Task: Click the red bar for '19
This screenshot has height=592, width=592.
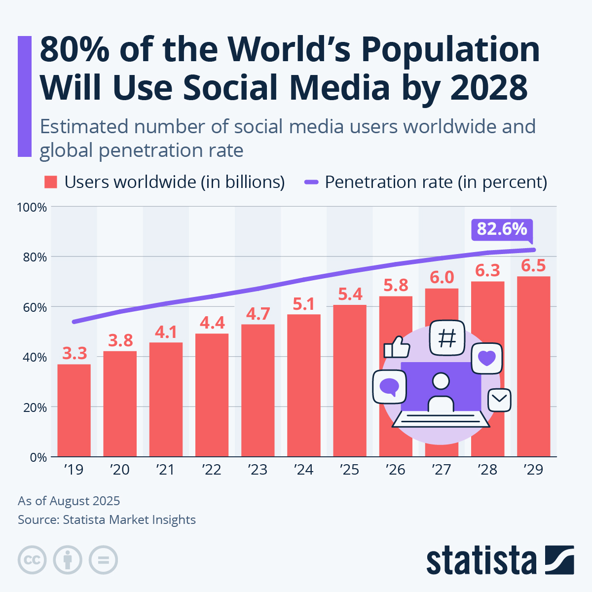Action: click(x=74, y=410)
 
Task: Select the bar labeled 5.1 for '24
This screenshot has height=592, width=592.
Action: click(x=303, y=385)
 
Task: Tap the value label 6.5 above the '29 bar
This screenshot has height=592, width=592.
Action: click(x=533, y=266)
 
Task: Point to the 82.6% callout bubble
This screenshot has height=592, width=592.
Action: click(x=502, y=229)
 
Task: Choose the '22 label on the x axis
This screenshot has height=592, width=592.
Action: click(x=211, y=469)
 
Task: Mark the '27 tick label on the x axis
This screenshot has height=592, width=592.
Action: click(x=441, y=469)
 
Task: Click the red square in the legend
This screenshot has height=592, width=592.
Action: click(x=51, y=182)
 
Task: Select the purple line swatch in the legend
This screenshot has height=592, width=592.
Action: click(x=311, y=182)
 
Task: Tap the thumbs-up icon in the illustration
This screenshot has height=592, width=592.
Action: click(x=397, y=347)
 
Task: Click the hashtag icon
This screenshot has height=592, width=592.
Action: click(x=447, y=338)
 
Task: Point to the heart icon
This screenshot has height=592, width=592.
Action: click(x=486, y=358)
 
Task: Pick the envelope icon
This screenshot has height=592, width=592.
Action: click(x=499, y=400)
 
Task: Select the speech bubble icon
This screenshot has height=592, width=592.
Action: click(x=389, y=386)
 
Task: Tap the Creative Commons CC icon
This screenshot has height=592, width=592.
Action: click(x=32, y=560)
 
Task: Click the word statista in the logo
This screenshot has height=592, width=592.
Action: click(x=481, y=560)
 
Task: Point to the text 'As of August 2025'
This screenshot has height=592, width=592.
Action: click(x=69, y=501)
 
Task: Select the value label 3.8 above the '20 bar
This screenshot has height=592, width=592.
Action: click(x=120, y=340)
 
